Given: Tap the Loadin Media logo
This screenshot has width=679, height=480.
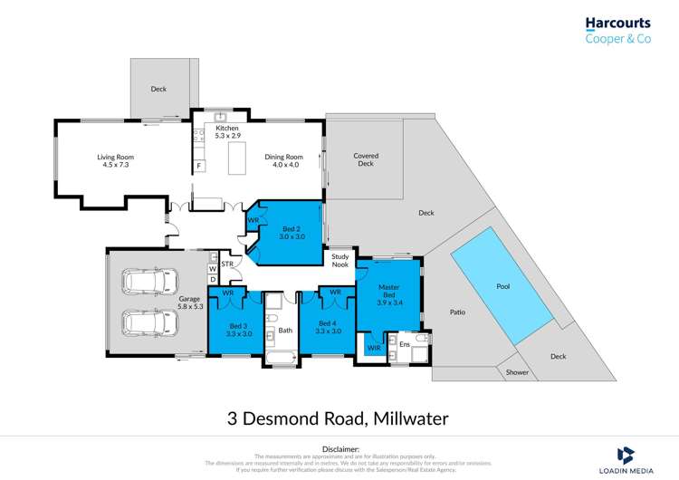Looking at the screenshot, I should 635,457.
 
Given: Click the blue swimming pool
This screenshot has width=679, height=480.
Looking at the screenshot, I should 502,284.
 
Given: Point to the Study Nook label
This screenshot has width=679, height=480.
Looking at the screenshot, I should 339,260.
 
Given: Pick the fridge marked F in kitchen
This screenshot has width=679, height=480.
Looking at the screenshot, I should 198,166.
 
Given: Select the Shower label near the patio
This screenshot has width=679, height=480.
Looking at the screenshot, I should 517,372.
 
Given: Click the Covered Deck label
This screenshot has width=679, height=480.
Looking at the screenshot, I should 366,159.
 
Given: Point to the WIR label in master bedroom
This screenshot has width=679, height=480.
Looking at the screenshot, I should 374,348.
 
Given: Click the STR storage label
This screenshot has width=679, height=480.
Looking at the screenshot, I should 227,264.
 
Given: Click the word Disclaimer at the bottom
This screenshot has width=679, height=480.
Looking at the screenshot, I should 339,448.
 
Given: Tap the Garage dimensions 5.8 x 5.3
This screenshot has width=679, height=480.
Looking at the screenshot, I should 189,306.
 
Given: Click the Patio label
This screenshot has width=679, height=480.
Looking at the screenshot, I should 457,312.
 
